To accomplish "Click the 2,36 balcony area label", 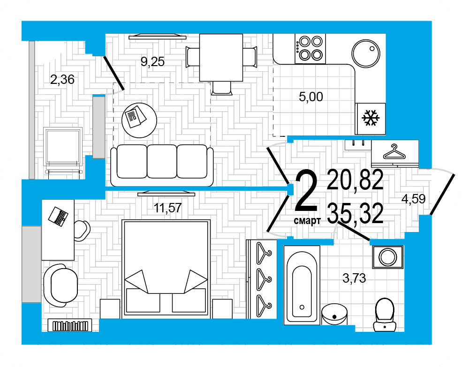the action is (x=62, y=80).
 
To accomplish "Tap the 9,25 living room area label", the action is (x=152, y=61).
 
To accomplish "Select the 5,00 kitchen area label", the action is (x=311, y=97).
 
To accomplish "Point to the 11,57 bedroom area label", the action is (x=167, y=208).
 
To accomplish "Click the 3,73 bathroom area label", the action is (x=354, y=278).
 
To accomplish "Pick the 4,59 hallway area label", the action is (x=413, y=199).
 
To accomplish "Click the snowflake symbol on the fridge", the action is (x=371, y=118).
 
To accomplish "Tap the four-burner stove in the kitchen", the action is (x=310, y=49).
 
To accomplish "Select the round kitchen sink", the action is (x=365, y=53).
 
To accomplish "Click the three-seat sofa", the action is (x=162, y=165).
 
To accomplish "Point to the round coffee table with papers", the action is (x=139, y=120).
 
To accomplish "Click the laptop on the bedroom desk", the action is (x=58, y=216).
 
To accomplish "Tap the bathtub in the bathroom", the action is (x=302, y=285).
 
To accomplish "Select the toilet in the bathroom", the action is (x=385, y=315).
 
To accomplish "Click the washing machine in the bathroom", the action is (x=388, y=257).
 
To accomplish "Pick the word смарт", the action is (x=307, y=221).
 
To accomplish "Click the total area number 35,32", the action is (x=355, y=213).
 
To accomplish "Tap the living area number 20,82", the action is (x=355, y=180).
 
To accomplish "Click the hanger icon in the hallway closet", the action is (x=394, y=152).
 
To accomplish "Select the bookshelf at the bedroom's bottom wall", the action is (x=70, y=325).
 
